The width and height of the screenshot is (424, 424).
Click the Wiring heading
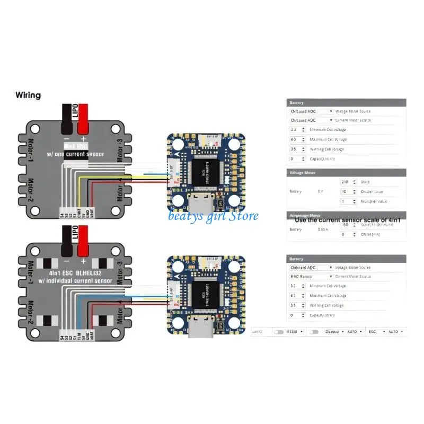[28, 95]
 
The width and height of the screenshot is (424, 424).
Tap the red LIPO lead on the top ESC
[83, 119]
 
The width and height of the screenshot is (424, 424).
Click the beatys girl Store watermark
[214, 216]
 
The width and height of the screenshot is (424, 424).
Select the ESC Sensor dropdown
[311, 276]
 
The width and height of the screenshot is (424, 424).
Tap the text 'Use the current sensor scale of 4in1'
[347, 219]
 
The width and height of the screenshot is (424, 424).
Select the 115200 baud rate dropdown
[294, 331]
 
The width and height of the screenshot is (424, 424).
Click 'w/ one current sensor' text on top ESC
[76, 154]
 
